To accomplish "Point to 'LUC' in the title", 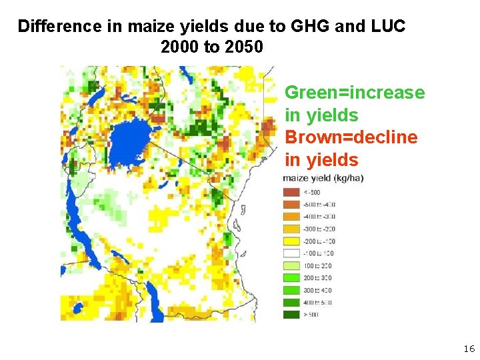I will click(385, 27).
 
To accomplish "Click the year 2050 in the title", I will click(244, 48).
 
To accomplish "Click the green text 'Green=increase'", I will click(355, 93).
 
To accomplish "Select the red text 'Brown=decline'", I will click(351, 137).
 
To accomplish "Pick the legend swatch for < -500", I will click(291, 192).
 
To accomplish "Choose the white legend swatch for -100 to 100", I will click(291, 253).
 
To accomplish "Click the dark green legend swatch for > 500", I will click(291, 315).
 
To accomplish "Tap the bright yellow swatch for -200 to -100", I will click(291, 241).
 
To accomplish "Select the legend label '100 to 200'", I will click(318, 265).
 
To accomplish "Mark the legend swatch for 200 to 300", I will click(291, 278).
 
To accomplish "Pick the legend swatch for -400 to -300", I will click(291, 217).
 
